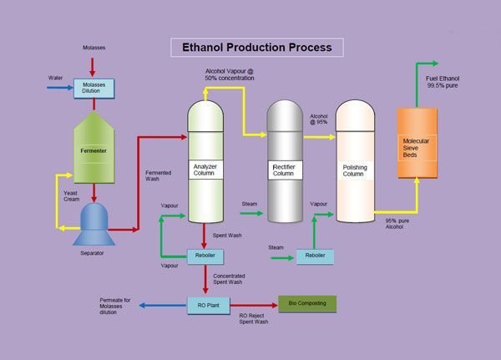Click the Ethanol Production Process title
pos(257,47)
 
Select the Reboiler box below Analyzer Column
pos(204,256)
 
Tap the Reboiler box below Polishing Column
pos(316,256)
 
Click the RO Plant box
pos(207,306)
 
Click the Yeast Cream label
pos(72,197)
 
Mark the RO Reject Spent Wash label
pos(253,318)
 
